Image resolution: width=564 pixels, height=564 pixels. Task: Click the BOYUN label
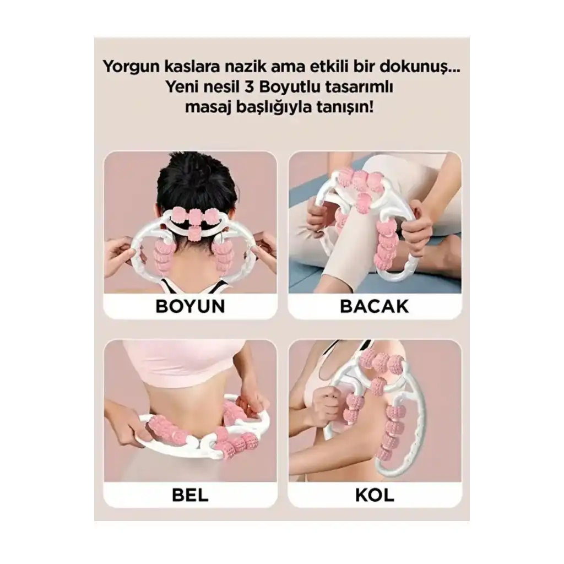pos(190,306)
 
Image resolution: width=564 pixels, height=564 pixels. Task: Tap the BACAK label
pos(375,306)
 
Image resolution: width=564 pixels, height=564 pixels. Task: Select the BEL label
pos(190,495)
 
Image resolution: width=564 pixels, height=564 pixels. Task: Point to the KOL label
pos(375,495)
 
